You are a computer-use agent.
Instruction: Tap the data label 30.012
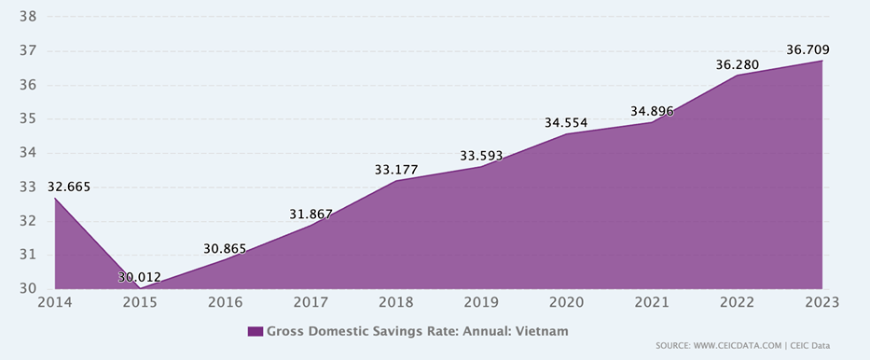pyautogui.click(x=139, y=277)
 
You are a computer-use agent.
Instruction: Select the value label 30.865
pyautogui.click(x=225, y=248)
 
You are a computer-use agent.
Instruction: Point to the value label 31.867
pyautogui.click(x=311, y=214)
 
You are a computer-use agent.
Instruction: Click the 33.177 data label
pyautogui.click(x=395, y=170)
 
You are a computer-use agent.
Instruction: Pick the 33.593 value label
pyautogui.click(x=481, y=156)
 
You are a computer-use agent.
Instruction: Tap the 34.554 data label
pyautogui.click(x=566, y=122)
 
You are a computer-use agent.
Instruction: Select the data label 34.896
pyautogui.click(x=652, y=111)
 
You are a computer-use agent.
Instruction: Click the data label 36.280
pyautogui.click(x=737, y=64)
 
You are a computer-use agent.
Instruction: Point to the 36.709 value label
pyautogui.click(x=808, y=49)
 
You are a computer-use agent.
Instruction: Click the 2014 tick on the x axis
pyautogui.click(x=54, y=302)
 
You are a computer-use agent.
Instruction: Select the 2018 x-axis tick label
pyautogui.click(x=395, y=302)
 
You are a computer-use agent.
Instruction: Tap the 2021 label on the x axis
pyautogui.click(x=652, y=302)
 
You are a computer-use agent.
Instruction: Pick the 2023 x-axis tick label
pyautogui.click(x=822, y=302)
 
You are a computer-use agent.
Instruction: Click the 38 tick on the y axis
pyautogui.click(x=28, y=17)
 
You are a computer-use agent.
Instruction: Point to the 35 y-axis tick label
pyautogui.click(x=28, y=118)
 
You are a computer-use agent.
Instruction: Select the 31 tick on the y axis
pyautogui.click(x=28, y=255)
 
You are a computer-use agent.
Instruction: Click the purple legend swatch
pyautogui.click(x=255, y=331)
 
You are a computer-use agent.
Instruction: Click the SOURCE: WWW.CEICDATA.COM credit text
pyautogui.click(x=717, y=346)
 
